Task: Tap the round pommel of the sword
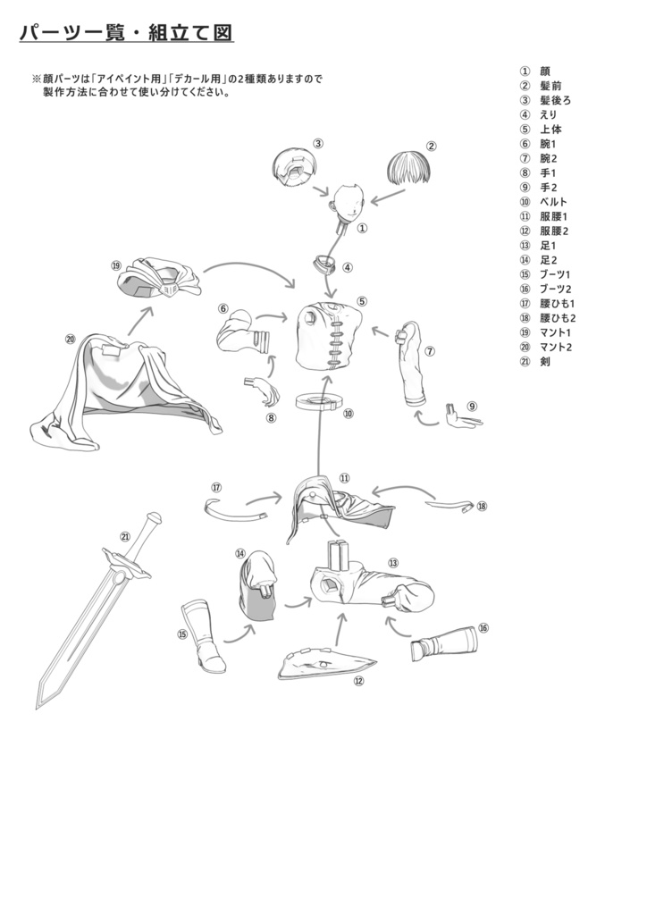[x=154, y=517]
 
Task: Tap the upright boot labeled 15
[x=204, y=636]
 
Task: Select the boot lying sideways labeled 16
[x=444, y=643]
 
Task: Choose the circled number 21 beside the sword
[x=125, y=537]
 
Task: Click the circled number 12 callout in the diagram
[x=358, y=681]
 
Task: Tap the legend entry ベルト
[x=553, y=202]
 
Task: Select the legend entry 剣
[x=545, y=361]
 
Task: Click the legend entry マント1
[x=556, y=332]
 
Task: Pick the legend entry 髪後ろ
[x=556, y=100]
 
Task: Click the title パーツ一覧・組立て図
[x=126, y=32]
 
